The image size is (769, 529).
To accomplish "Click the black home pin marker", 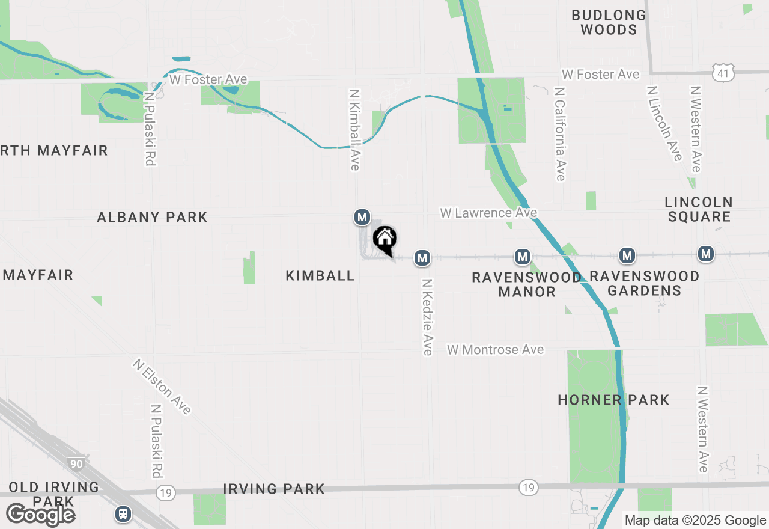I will click(x=385, y=239).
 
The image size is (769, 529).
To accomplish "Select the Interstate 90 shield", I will click(x=76, y=463).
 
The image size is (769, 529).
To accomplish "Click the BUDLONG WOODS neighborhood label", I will click(x=609, y=22).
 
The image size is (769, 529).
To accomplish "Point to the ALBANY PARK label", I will click(x=153, y=217).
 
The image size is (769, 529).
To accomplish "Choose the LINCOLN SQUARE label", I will click(x=699, y=209).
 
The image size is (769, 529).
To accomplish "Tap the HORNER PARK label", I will click(x=613, y=400).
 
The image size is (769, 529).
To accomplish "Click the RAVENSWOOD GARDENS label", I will click(x=645, y=283).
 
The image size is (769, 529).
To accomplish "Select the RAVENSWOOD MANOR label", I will click(x=526, y=284).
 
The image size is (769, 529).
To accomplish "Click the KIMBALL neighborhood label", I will click(x=320, y=275).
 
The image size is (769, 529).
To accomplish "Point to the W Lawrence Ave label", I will click(x=488, y=213).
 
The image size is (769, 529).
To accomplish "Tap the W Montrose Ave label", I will click(x=496, y=349).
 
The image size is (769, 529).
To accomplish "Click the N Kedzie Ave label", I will click(x=427, y=316).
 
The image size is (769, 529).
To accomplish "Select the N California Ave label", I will click(x=560, y=133).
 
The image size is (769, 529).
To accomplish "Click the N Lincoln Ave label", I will click(x=664, y=123).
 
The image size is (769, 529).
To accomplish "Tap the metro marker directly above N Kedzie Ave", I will click(x=422, y=258).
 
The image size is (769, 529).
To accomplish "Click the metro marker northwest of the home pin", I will click(x=362, y=217).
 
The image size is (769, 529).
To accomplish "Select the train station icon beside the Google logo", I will click(x=123, y=513).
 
